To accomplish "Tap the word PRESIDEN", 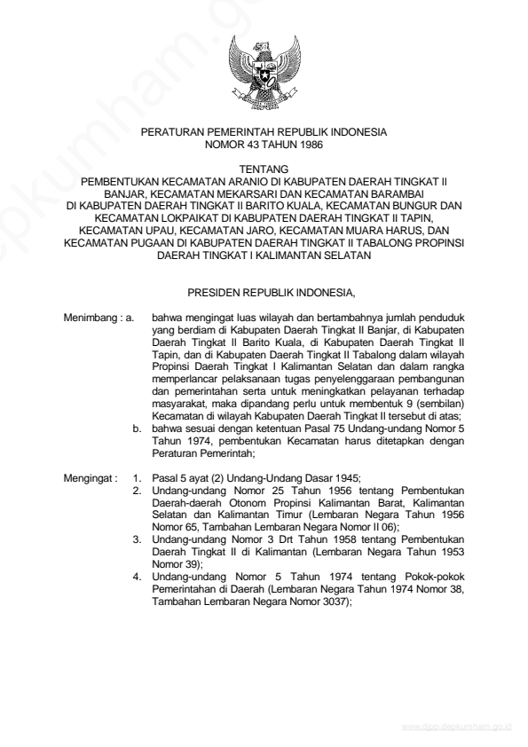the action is [214, 290].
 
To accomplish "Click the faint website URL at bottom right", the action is [453, 725].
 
